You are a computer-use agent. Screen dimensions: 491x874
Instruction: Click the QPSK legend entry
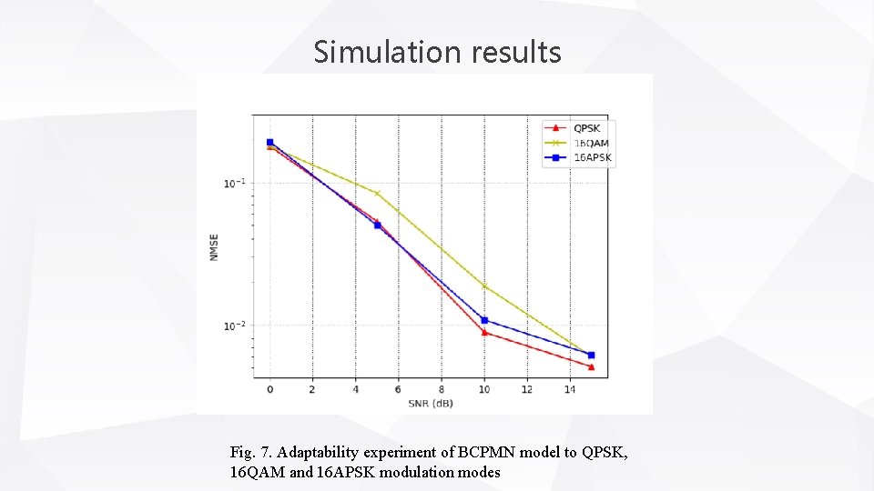click(x=586, y=128)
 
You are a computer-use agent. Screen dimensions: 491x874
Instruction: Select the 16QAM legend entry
click(x=591, y=143)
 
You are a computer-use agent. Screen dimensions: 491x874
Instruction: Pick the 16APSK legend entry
click(x=593, y=157)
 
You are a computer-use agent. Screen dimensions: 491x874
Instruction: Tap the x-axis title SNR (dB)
click(x=430, y=403)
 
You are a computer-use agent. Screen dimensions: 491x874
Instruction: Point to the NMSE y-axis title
click(x=214, y=248)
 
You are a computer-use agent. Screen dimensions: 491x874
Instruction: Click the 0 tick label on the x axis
click(x=269, y=390)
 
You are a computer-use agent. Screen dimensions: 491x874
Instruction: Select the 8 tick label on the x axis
click(x=442, y=390)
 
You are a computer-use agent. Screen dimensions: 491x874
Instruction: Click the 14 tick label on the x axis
click(x=570, y=390)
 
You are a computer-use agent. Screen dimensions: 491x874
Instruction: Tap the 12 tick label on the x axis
click(x=527, y=390)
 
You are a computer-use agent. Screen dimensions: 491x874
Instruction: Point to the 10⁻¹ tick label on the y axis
click(x=233, y=184)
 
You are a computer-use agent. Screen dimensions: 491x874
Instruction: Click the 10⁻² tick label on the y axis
click(x=233, y=326)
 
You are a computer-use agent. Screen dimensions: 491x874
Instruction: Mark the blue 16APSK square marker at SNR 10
click(x=484, y=320)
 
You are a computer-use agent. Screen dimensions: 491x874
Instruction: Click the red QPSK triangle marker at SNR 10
click(x=484, y=333)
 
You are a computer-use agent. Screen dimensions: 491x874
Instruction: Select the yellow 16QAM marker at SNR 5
click(x=377, y=194)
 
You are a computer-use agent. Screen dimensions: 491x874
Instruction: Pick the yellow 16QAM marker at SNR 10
click(x=484, y=286)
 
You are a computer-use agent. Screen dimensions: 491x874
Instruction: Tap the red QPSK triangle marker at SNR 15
click(x=591, y=366)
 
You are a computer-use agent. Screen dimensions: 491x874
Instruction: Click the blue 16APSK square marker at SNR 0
click(x=269, y=142)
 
